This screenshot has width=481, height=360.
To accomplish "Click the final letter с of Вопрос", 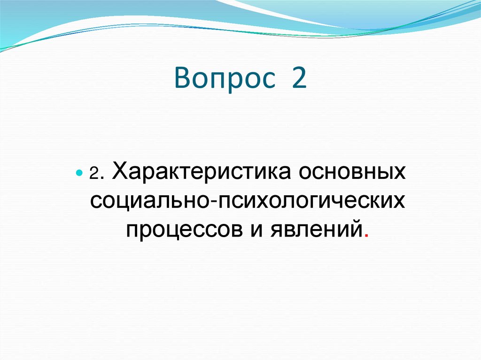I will pyautogui.click(x=265, y=81).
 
